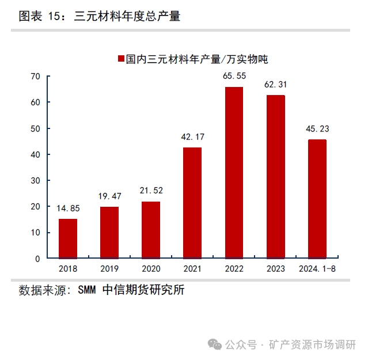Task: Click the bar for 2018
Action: pos(68,238)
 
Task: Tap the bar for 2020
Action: pos(151,230)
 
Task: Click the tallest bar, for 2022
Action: pos(234,172)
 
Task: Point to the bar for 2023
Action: pos(275,176)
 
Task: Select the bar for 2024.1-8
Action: pos(317,199)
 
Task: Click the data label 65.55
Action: pos(234,76)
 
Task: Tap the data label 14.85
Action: pos(68,208)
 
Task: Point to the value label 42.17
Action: pos(192,137)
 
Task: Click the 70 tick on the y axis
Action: pos(35,76)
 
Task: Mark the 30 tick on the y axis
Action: pos(35,180)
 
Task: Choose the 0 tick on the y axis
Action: pos(37,259)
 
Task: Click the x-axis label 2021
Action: pos(192,269)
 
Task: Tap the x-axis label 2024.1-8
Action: pos(317,269)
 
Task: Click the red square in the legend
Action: pos(121,59)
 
